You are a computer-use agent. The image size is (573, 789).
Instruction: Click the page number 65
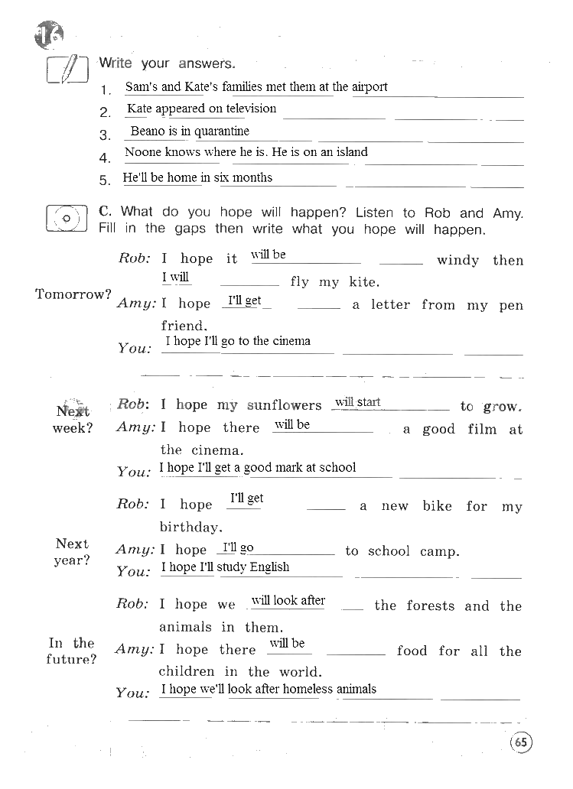(x=520, y=742)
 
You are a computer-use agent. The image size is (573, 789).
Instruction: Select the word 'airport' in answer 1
(x=370, y=87)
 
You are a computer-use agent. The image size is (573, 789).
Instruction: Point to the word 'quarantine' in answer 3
(x=222, y=131)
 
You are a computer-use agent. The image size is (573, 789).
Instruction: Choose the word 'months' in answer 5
(x=252, y=177)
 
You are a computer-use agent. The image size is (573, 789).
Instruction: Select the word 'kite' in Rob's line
(x=363, y=282)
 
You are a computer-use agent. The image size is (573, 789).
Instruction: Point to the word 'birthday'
(x=190, y=527)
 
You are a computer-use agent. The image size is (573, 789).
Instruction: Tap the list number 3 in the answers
(x=105, y=135)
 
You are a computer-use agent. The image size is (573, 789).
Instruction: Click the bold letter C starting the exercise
(x=106, y=212)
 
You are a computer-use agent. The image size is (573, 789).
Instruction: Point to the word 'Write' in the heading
(x=116, y=63)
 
